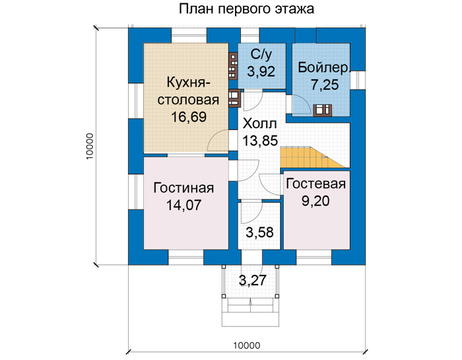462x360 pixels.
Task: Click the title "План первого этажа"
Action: coord(246,9)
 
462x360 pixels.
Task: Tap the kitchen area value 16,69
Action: coord(189,117)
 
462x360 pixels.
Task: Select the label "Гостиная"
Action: coord(183,188)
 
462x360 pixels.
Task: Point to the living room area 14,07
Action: coord(184,205)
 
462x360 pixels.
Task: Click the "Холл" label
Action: coord(259,124)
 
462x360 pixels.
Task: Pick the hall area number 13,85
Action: coord(260,140)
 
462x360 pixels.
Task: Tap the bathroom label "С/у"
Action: coord(261,55)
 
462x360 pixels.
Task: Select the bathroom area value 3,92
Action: coord(261,71)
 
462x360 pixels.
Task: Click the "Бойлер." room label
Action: coord(323,67)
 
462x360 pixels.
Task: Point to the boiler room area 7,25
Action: coord(325,85)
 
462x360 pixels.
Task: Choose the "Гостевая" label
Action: coord(316,184)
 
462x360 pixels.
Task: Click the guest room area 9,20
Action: coord(315,201)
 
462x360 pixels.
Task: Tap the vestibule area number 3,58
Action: coord(260,233)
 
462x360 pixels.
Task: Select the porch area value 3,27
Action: coord(253,280)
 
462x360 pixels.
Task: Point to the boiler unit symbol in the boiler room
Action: coord(323,110)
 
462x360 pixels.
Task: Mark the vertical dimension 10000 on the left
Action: coord(90,147)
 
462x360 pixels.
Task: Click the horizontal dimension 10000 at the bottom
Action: coord(247,345)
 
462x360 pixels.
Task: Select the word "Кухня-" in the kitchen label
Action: coord(189,83)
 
